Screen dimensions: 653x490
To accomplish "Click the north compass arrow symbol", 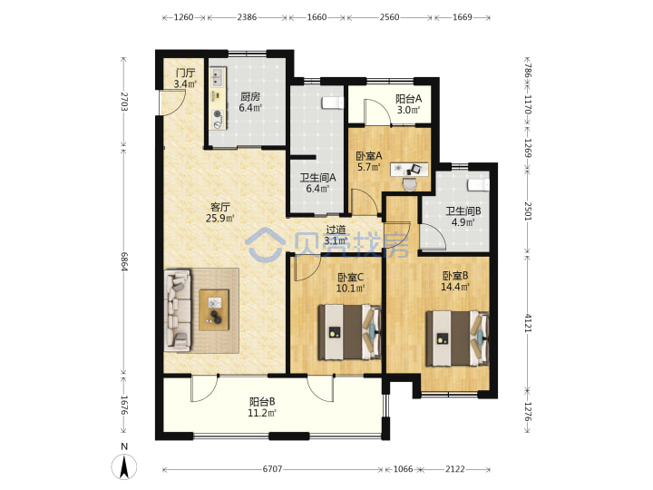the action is pyautogui.click(x=123, y=466).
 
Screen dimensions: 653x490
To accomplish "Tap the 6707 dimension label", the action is pyautogui.click(x=272, y=469).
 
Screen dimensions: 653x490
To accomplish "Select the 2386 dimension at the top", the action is pyautogui.click(x=247, y=17).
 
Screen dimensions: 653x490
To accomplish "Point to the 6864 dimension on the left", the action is pyautogui.click(x=123, y=261).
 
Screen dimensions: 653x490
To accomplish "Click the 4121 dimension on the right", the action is pyautogui.click(x=528, y=323).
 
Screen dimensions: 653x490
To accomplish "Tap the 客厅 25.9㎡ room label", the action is pyautogui.click(x=219, y=212).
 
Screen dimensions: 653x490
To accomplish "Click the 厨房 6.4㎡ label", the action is pyautogui.click(x=250, y=102).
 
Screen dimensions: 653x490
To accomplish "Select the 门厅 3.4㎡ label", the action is pyautogui.click(x=185, y=78).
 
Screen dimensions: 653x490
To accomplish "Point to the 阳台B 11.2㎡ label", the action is pyautogui.click(x=262, y=407).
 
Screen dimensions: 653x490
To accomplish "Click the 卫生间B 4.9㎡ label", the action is pyautogui.click(x=463, y=217).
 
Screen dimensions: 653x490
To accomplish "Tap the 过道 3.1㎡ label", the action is pyautogui.click(x=336, y=235).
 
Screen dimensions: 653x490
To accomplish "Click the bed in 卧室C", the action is pyautogui.click(x=350, y=332).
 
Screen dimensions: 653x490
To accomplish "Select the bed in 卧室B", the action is pyautogui.click(x=457, y=338).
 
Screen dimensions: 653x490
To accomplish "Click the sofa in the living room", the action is pyautogui.click(x=179, y=310).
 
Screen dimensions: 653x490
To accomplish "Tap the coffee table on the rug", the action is pyautogui.click(x=214, y=310).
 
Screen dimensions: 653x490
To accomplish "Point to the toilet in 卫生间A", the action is pyautogui.click(x=333, y=103).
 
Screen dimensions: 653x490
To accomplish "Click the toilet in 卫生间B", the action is pyautogui.click(x=478, y=184).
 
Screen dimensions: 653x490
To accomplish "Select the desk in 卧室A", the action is pyautogui.click(x=409, y=169).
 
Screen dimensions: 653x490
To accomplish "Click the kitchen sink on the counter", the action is pyautogui.click(x=218, y=77).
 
